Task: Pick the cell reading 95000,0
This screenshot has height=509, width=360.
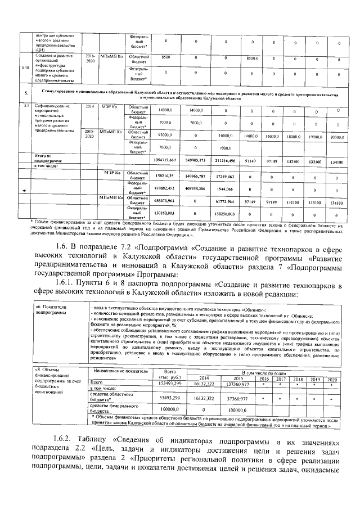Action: pos(165,136)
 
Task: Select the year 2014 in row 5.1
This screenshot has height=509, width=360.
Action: pos(91,106)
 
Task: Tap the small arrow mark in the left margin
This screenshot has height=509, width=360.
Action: pos(23,191)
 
